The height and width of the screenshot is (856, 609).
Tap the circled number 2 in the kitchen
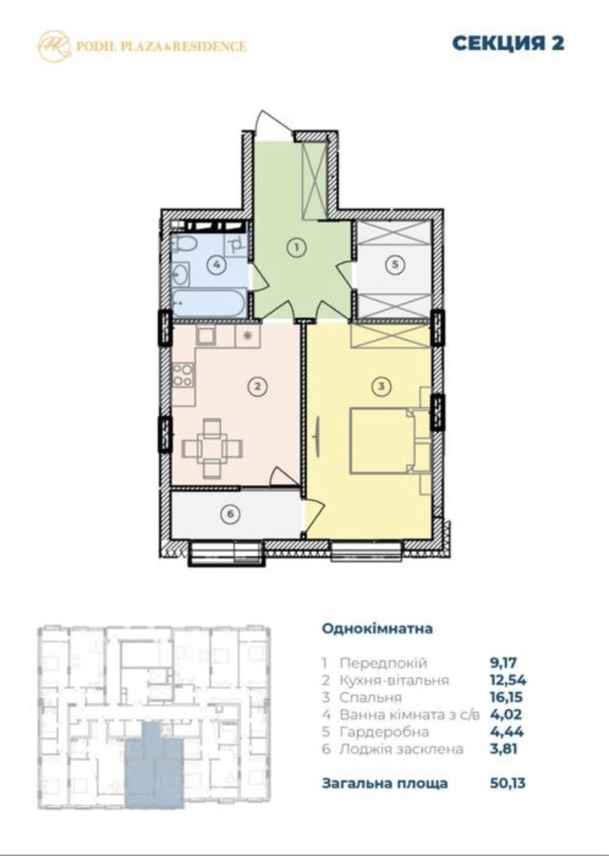[x=258, y=386]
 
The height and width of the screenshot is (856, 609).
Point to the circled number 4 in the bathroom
[x=217, y=264]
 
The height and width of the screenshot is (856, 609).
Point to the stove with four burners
[x=183, y=375]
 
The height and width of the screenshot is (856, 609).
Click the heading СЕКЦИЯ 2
[x=508, y=43]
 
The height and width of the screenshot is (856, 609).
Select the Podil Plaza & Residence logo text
[x=161, y=47]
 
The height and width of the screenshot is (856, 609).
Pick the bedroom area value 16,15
[x=506, y=698]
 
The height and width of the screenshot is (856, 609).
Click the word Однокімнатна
[x=377, y=629]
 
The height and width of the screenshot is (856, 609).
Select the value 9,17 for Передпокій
[x=503, y=663]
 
